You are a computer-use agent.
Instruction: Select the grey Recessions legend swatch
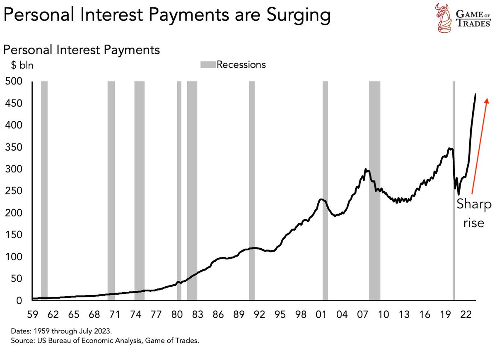[x=208, y=65]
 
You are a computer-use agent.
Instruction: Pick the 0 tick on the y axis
[x=23, y=301]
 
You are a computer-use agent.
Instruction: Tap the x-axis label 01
[x=321, y=314]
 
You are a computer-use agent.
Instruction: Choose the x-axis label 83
[x=197, y=314]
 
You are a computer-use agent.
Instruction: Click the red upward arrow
[x=480, y=145]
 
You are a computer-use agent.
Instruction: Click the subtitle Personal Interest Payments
[x=82, y=50]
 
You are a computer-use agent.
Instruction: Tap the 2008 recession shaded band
[x=374, y=190]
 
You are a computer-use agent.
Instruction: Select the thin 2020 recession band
[x=454, y=190]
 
